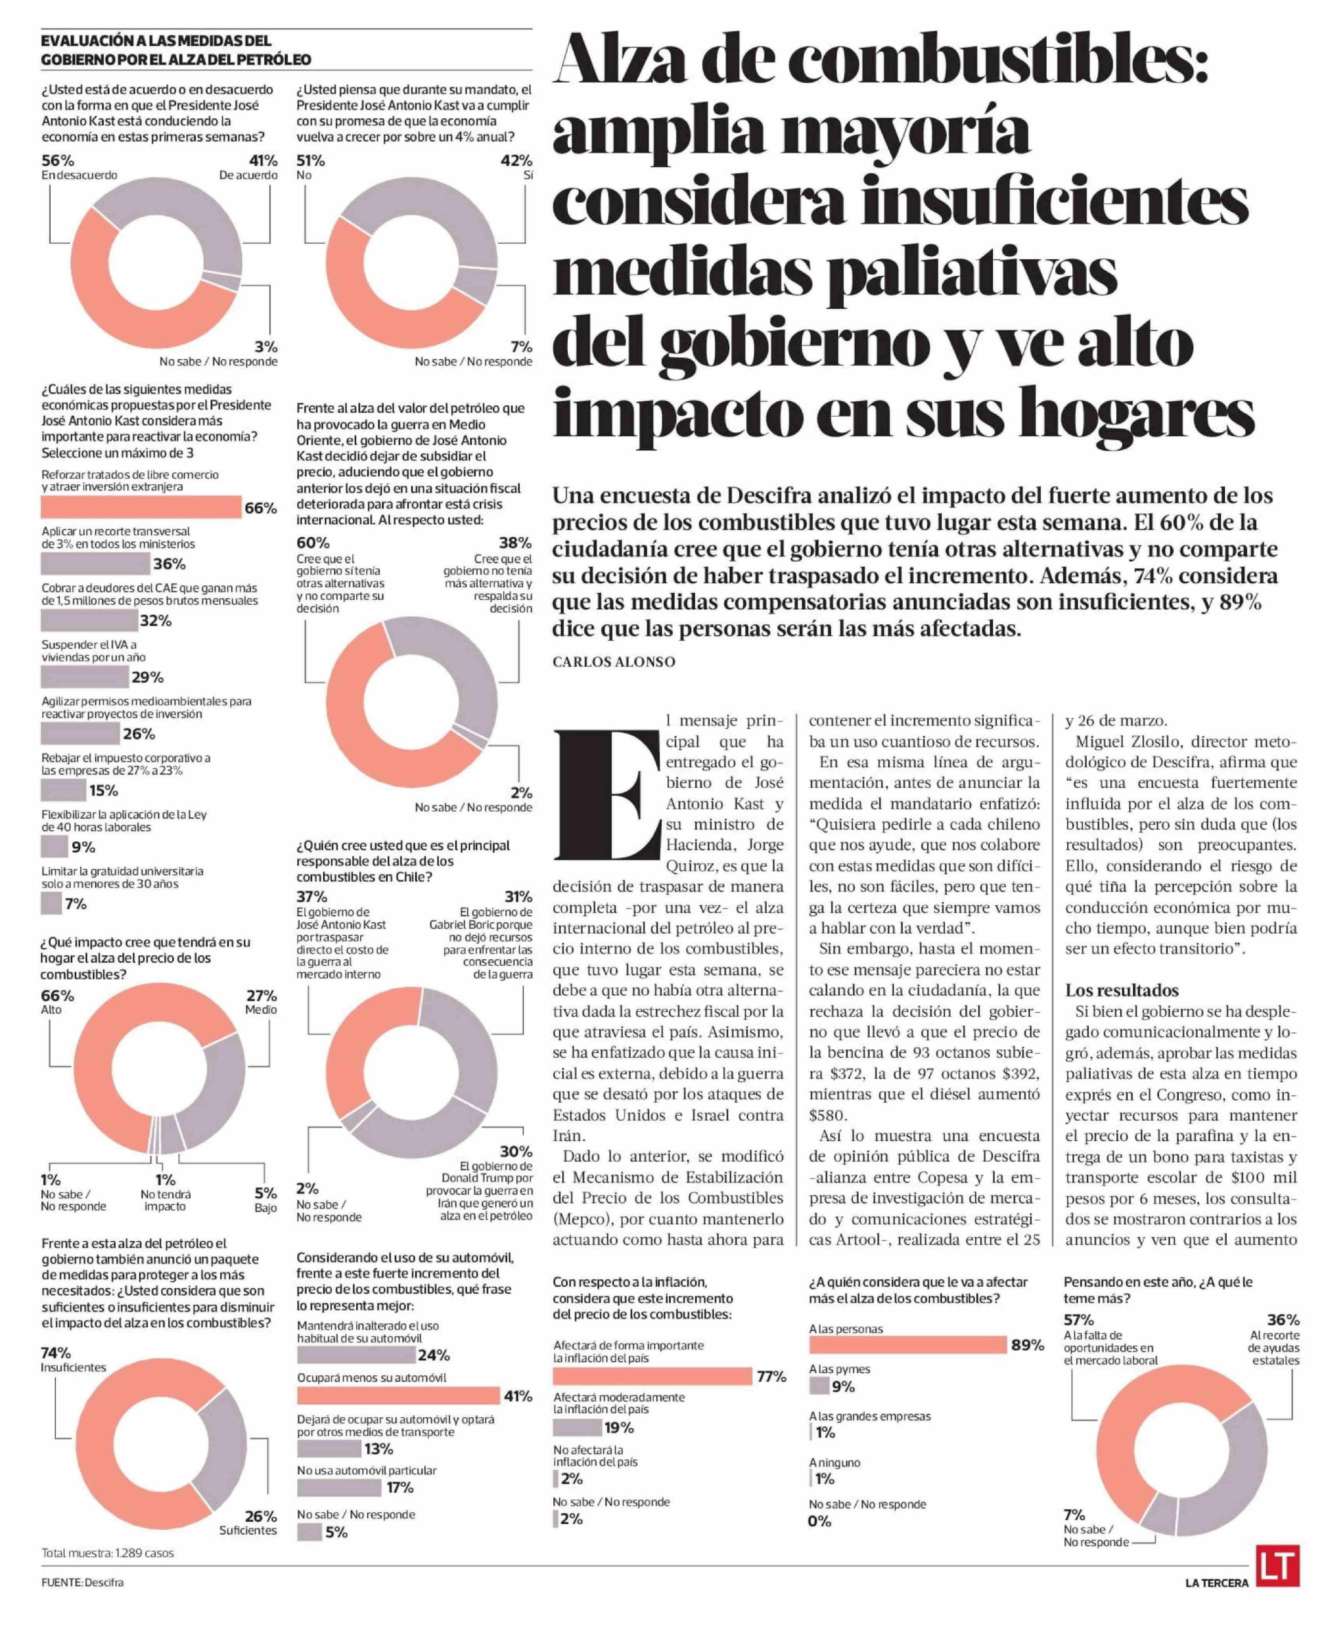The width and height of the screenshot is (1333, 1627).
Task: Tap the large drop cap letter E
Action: (x=607, y=795)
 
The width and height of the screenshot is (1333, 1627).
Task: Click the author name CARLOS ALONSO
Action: (x=613, y=662)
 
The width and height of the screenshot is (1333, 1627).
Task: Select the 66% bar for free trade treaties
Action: (x=141, y=508)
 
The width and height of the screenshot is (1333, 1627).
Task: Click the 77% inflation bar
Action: (x=652, y=1376)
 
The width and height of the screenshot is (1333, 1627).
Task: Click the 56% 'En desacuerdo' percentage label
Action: (x=58, y=160)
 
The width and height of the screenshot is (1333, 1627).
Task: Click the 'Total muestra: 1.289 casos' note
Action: (x=108, y=1552)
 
